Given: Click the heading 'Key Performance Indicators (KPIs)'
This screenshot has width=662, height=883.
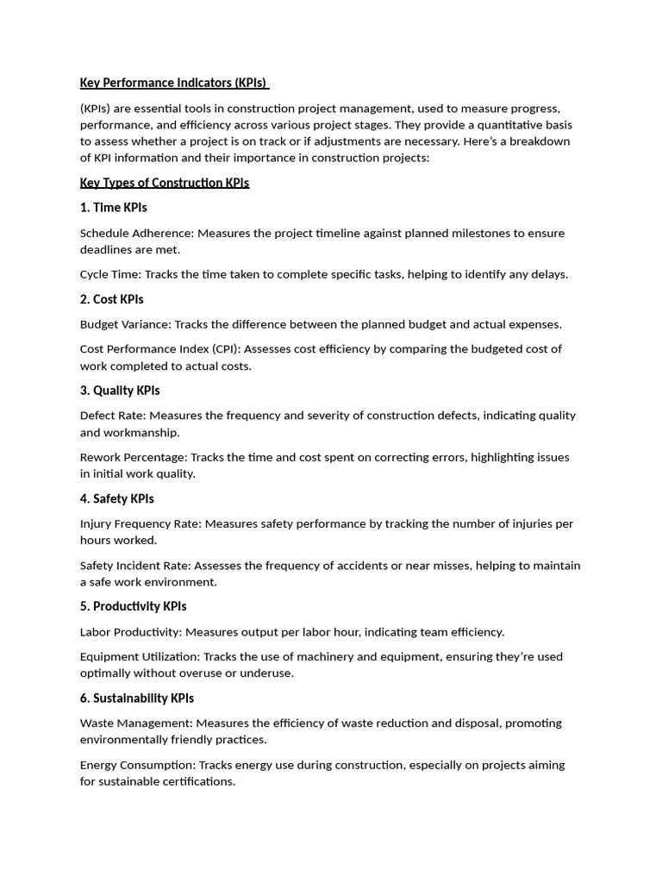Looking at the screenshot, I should (x=173, y=83).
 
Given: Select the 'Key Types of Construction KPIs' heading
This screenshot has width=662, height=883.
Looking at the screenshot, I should (x=165, y=183).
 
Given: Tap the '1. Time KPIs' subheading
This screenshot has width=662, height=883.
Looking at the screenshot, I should (x=114, y=208).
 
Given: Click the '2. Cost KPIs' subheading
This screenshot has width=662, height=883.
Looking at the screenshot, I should (x=112, y=299).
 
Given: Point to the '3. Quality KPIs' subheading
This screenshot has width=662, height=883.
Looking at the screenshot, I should (x=120, y=391).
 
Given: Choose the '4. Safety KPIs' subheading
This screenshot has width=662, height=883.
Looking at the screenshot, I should (x=117, y=498).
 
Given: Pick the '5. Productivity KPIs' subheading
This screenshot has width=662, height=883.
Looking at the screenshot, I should (x=134, y=606).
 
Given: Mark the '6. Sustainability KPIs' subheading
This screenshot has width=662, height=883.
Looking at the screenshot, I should (x=137, y=698).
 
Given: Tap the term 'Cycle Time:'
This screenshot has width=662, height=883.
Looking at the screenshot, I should (x=110, y=274).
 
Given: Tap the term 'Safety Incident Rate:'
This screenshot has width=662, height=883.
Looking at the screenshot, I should (x=135, y=566).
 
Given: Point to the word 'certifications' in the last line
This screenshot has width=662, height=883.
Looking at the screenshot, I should (x=197, y=781).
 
